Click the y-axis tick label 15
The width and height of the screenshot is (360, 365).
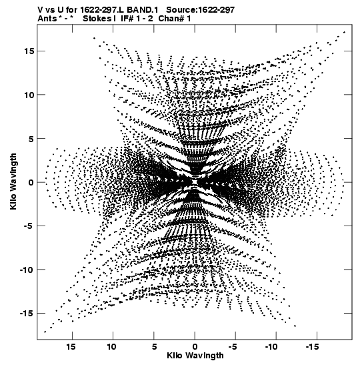(29, 51)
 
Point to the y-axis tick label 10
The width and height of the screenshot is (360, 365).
(29, 95)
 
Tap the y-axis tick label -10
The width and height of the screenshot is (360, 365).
(25, 270)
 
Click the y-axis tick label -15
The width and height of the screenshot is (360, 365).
(25, 314)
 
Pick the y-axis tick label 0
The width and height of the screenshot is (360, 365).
(30, 183)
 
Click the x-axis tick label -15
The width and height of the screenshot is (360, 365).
(312, 347)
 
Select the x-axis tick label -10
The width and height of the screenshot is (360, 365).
(271, 347)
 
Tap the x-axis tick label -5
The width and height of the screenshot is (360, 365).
(233, 347)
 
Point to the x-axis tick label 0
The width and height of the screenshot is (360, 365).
(195, 347)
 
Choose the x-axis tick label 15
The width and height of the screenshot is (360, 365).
(71, 347)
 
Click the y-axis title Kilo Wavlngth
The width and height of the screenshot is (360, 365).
(13, 181)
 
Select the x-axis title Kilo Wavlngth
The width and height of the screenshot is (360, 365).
(195, 356)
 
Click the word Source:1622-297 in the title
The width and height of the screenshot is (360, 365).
(201, 10)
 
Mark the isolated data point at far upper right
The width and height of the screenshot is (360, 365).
(344, 32)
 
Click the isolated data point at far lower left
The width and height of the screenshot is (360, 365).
(45, 332)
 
